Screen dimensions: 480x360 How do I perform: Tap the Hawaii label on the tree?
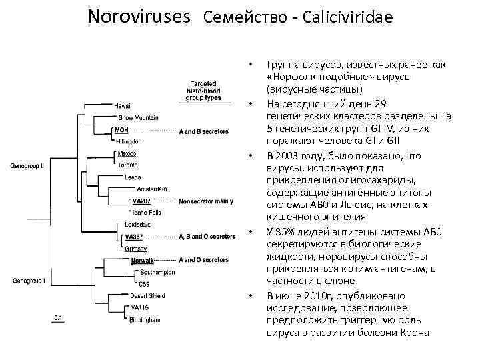(123, 106)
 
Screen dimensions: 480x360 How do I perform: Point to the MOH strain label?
(120, 129)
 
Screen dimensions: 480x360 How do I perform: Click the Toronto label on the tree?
(128, 165)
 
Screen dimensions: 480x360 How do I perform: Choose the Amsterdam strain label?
(152, 189)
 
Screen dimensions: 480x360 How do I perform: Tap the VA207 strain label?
(141, 201)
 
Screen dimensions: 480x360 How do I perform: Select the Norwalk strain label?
(142, 259)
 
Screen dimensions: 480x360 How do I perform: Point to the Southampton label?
(157, 271)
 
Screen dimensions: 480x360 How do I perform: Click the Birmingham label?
(145, 319)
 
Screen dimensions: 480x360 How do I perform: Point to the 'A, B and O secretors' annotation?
(207, 236)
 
